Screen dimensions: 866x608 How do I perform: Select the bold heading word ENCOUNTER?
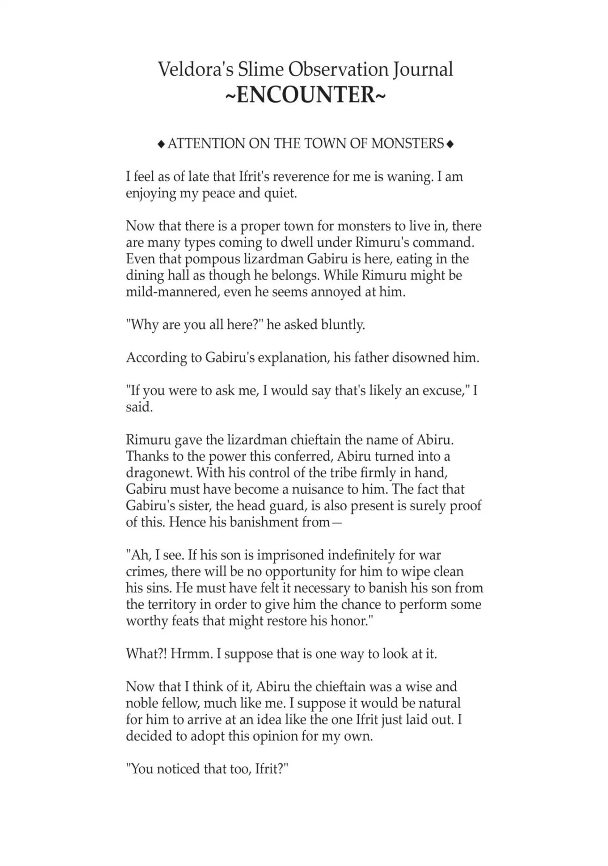pos(306,95)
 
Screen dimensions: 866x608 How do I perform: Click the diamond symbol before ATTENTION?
pos(161,144)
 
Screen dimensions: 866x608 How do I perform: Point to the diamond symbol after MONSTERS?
pos(450,144)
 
